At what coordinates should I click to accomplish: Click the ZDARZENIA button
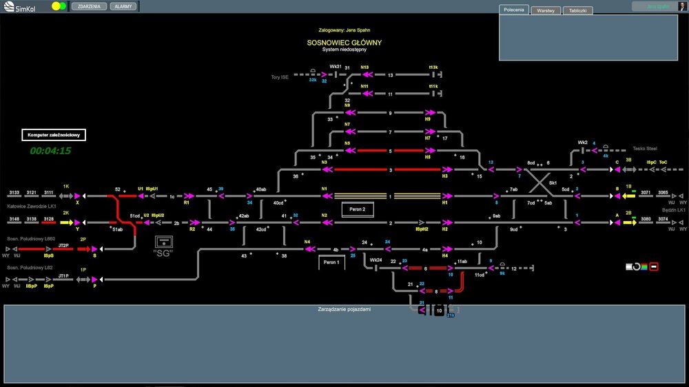click(x=89, y=6)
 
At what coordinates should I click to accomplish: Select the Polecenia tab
click(x=513, y=10)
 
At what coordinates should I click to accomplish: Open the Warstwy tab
click(x=545, y=11)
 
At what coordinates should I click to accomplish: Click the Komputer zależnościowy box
click(x=54, y=136)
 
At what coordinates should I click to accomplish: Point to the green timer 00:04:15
click(x=50, y=151)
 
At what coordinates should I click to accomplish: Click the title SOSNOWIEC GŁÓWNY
click(x=344, y=43)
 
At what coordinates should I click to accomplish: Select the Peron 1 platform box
click(x=331, y=262)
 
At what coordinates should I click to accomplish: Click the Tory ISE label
click(x=280, y=77)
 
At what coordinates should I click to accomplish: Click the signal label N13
click(x=364, y=67)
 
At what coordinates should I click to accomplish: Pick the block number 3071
click(x=646, y=193)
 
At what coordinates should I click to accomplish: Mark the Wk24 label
click(x=376, y=260)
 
